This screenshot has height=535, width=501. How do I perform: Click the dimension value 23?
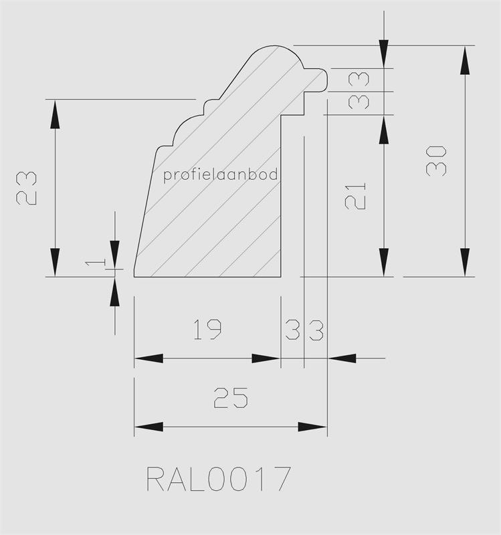(26, 189)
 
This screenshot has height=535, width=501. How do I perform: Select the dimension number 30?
(436, 160)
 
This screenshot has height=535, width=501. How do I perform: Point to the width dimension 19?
(207, 330)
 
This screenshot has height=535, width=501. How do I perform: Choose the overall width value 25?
(231, 398)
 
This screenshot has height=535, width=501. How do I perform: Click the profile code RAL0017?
(219, 479)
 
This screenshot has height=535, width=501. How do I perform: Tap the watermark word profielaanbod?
(221, 175)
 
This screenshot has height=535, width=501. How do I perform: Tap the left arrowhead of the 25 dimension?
(148, 427)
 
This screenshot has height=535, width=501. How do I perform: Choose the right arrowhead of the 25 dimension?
(312, 427)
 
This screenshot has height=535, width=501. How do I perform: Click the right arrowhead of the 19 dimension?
(266, 358)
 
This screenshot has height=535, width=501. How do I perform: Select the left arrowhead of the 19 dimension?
(148, 358)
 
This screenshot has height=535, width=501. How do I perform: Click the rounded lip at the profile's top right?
(320, 78)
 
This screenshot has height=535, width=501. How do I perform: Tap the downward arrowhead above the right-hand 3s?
(383, 53)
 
